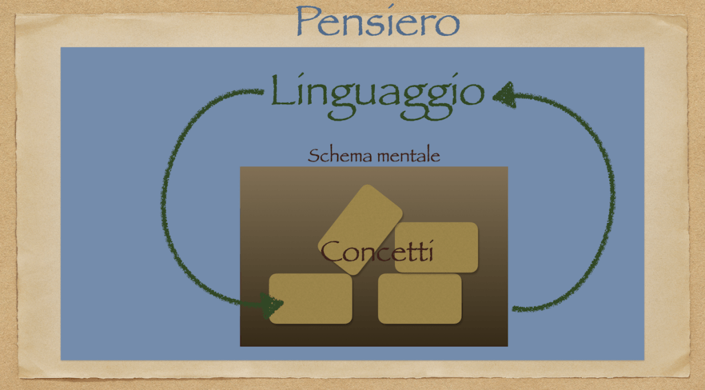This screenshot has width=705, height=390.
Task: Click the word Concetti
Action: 377,251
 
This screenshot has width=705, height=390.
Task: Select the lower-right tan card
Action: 419,298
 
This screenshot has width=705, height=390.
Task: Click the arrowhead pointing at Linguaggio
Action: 504,95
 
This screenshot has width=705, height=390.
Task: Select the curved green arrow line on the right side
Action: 611,200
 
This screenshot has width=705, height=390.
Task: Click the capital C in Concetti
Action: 333,251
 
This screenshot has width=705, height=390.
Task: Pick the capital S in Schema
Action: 313,155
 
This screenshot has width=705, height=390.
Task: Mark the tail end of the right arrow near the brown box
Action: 515,309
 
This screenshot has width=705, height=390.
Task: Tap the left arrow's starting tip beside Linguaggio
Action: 260,91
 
